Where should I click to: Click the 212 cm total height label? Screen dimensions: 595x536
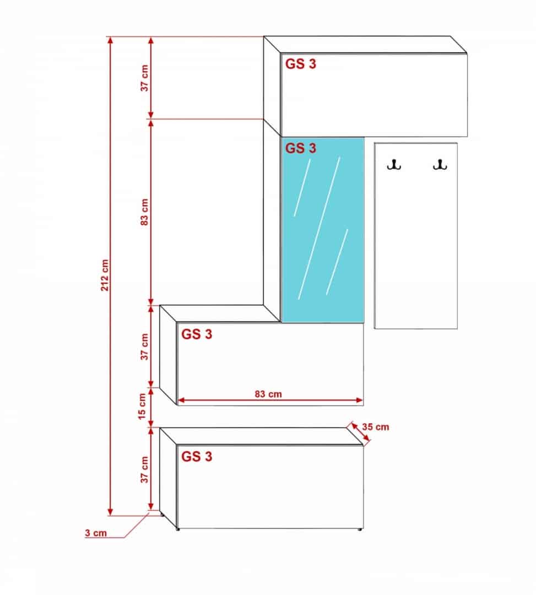(x=105, y=274)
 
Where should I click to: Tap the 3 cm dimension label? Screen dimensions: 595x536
(x=96, y=533)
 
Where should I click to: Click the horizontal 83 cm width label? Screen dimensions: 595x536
(x=268, y=393)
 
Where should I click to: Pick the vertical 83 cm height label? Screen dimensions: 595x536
(x=145, y=212)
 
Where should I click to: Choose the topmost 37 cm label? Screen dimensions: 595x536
(x=145, y=78)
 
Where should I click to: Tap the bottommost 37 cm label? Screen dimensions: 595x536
(x=145, y=469)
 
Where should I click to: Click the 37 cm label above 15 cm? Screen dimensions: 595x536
(x=145, y=347)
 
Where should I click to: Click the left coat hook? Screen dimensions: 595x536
(x=394, y=164)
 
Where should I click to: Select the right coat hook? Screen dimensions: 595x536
(x=439, y=164)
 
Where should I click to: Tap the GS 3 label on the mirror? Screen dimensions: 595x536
(x=301, y=148)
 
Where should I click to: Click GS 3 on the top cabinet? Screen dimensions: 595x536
(x=301, y=64)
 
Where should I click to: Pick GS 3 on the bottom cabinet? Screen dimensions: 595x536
(x=197, y=456)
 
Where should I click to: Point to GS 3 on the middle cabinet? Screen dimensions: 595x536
(x=197, y=334)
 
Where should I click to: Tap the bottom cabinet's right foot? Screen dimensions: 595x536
(x=360, y=529)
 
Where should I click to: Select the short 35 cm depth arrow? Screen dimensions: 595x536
(x=359, y=434)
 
